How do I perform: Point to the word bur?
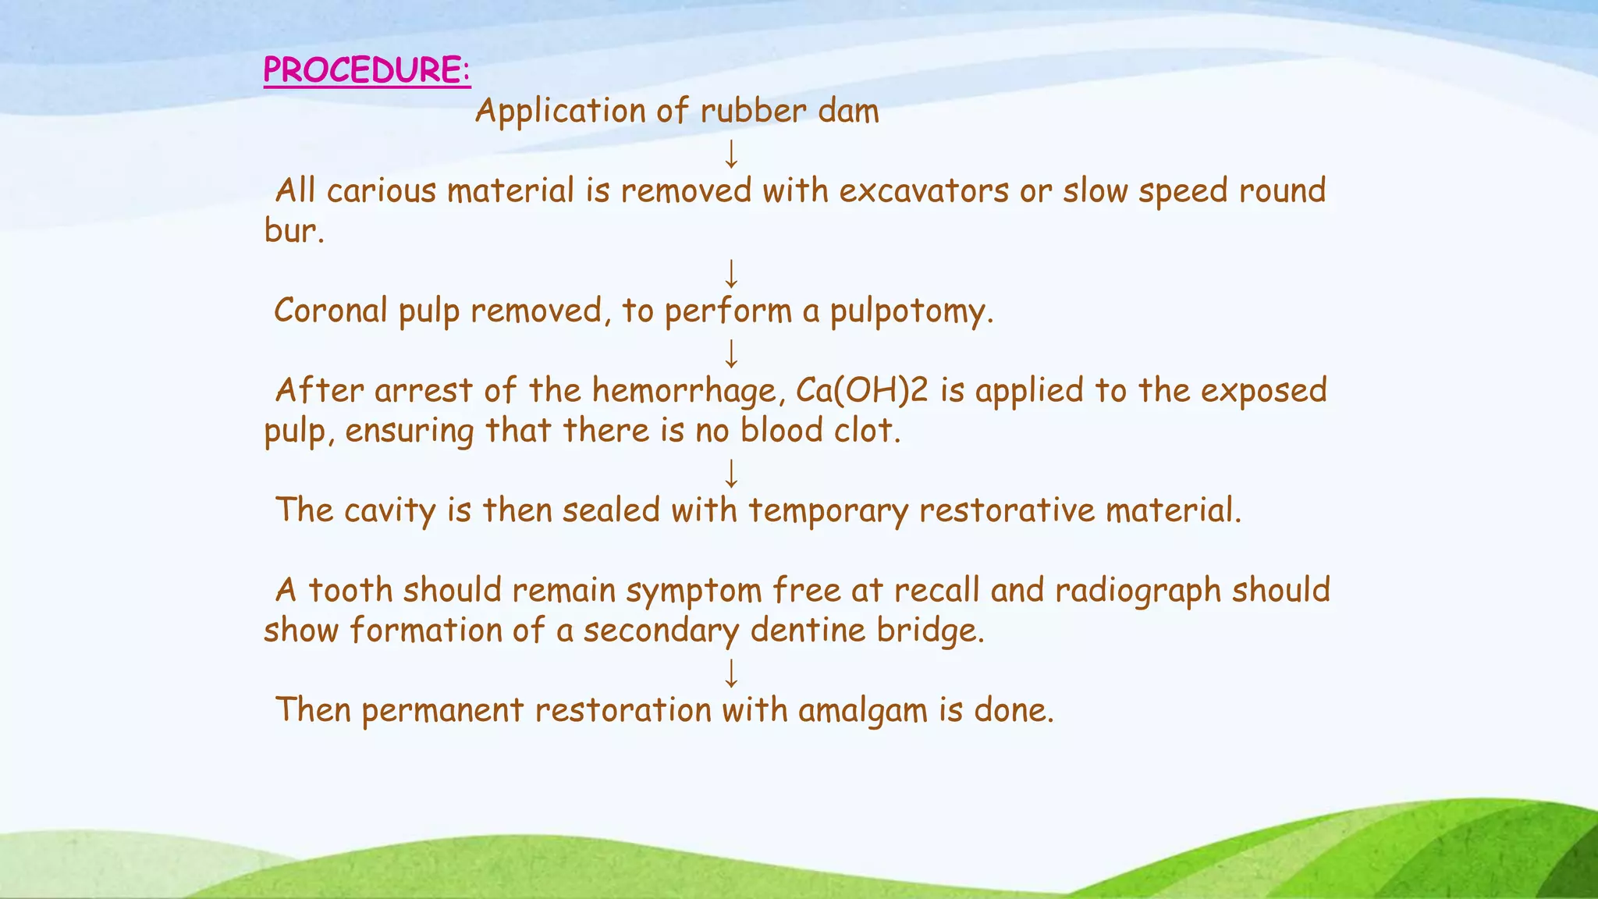pyautogui.click(x=293, y=231)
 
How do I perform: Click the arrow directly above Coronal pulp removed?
pyautogui.click(x=731, y=274)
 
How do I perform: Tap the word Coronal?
pyautogui.click(x=331, y=311)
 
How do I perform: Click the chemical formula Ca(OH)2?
pyautogui.click(x=861, y=391)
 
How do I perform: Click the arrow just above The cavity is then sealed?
pyautogui.click(x=731, y=473)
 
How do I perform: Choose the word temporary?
pyautogui.click(x=828, y=511)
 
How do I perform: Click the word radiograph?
pyautogui.click(x=1137, y=591)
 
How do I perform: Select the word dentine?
pyautogui.click(x=808, y=631)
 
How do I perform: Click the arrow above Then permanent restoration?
pyautogui.click(x=731, y=673)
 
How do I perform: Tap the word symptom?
pyautogui.click(x=694, y=591)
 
